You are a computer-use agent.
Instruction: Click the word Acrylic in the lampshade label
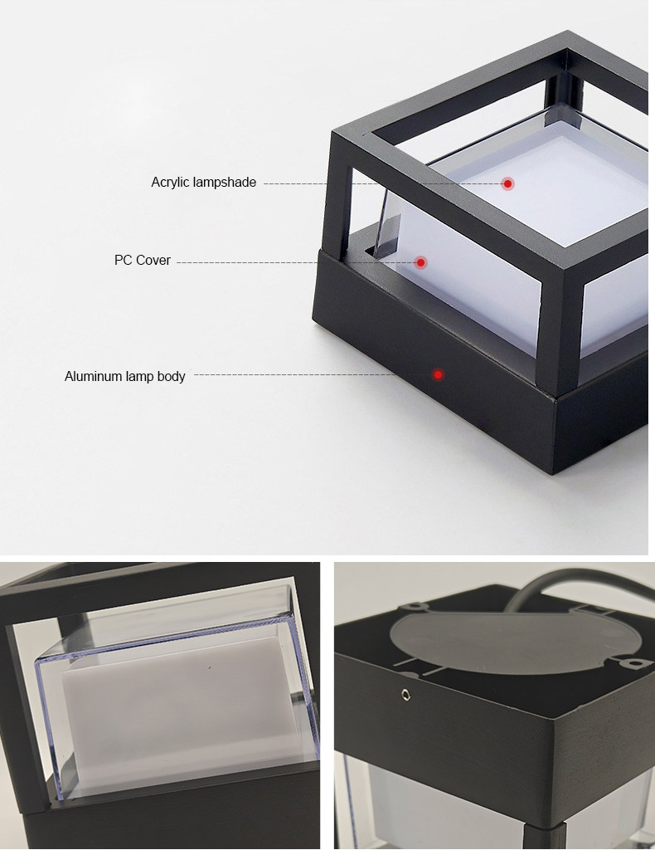tap(168, 183)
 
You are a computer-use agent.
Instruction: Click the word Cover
tap(153, 260)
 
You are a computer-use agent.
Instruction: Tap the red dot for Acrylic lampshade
tap(507, 183)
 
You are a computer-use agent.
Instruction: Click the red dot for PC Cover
tap(420, 263)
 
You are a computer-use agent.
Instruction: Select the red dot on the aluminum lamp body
tap(438, 374)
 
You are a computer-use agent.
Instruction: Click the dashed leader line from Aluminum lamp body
tap(313, 374)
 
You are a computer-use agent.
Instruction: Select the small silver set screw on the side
tap(405, 695)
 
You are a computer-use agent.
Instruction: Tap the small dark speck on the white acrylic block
tap(210, 667)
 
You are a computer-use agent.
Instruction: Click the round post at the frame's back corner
tap(564, 90)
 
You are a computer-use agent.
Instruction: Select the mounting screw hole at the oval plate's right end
tap(630, 663)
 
